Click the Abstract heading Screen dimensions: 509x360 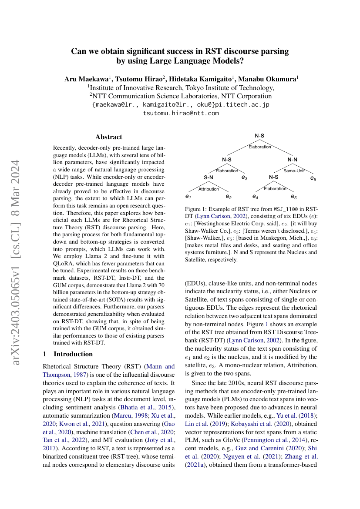click(109, 137)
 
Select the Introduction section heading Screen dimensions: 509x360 click(67, 354)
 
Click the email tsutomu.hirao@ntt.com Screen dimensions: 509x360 click(181, 113)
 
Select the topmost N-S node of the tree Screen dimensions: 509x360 click(259, 136)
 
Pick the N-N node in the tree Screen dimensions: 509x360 click(293, 160)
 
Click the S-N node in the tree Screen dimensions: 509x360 click(209, 177)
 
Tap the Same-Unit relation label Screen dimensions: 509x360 click(294, 171)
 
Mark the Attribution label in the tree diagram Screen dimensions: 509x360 click(209, 189)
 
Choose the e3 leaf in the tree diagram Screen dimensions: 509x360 click(245, 178)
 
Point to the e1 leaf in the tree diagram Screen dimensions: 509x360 click(188, 197)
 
